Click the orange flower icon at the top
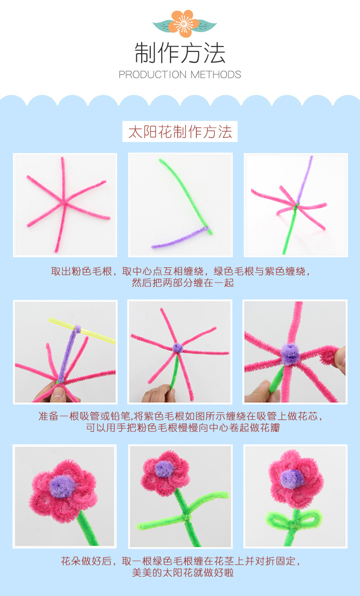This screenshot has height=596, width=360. point(183,23)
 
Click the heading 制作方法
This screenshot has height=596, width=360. point(180,53)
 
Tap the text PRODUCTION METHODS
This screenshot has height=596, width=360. point(180,74)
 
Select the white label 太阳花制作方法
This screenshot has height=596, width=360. point(180,131)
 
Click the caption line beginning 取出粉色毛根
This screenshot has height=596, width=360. point(180,271)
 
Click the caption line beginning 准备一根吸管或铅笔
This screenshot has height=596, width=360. point(180,416)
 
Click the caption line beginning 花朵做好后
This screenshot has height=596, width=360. point(180,560)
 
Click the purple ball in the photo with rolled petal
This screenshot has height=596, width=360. point(289,354)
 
